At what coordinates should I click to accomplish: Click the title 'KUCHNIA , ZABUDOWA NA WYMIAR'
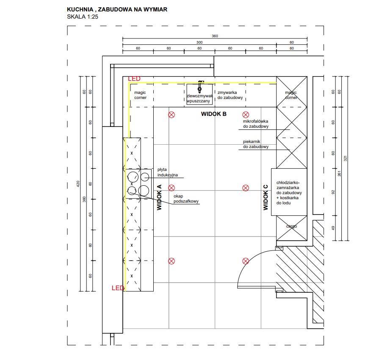click(x=117, y=9)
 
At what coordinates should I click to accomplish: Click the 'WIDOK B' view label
click(x=213, y=114)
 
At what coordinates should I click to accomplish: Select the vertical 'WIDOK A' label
click(x=160, y=198)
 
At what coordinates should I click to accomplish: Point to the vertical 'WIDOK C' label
click(x=266, y=198)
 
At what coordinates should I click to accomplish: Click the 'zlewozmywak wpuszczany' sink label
click(x=199, y=98)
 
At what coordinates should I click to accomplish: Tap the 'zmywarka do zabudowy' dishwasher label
click(x=230, y=95)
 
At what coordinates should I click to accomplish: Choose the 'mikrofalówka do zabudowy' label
click(x=256, y=124)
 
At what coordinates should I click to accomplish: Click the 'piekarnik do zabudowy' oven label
click(x=256, y=144)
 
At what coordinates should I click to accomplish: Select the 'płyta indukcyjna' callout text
click(x=168, y=172)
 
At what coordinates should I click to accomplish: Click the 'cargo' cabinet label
click(x=291, y=226)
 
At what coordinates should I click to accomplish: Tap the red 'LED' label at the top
click(x=134, y=79)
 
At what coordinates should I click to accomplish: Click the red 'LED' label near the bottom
click(x=118, y=288)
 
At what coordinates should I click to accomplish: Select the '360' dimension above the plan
click(x=215, y=36)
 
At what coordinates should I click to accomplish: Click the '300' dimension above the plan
click(x=199, y=42)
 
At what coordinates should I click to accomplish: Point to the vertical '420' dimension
click(x=78, y=184)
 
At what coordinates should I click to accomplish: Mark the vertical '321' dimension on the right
click(x=346, y=158)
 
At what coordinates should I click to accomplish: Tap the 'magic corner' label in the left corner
click(x=140, y=95)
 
